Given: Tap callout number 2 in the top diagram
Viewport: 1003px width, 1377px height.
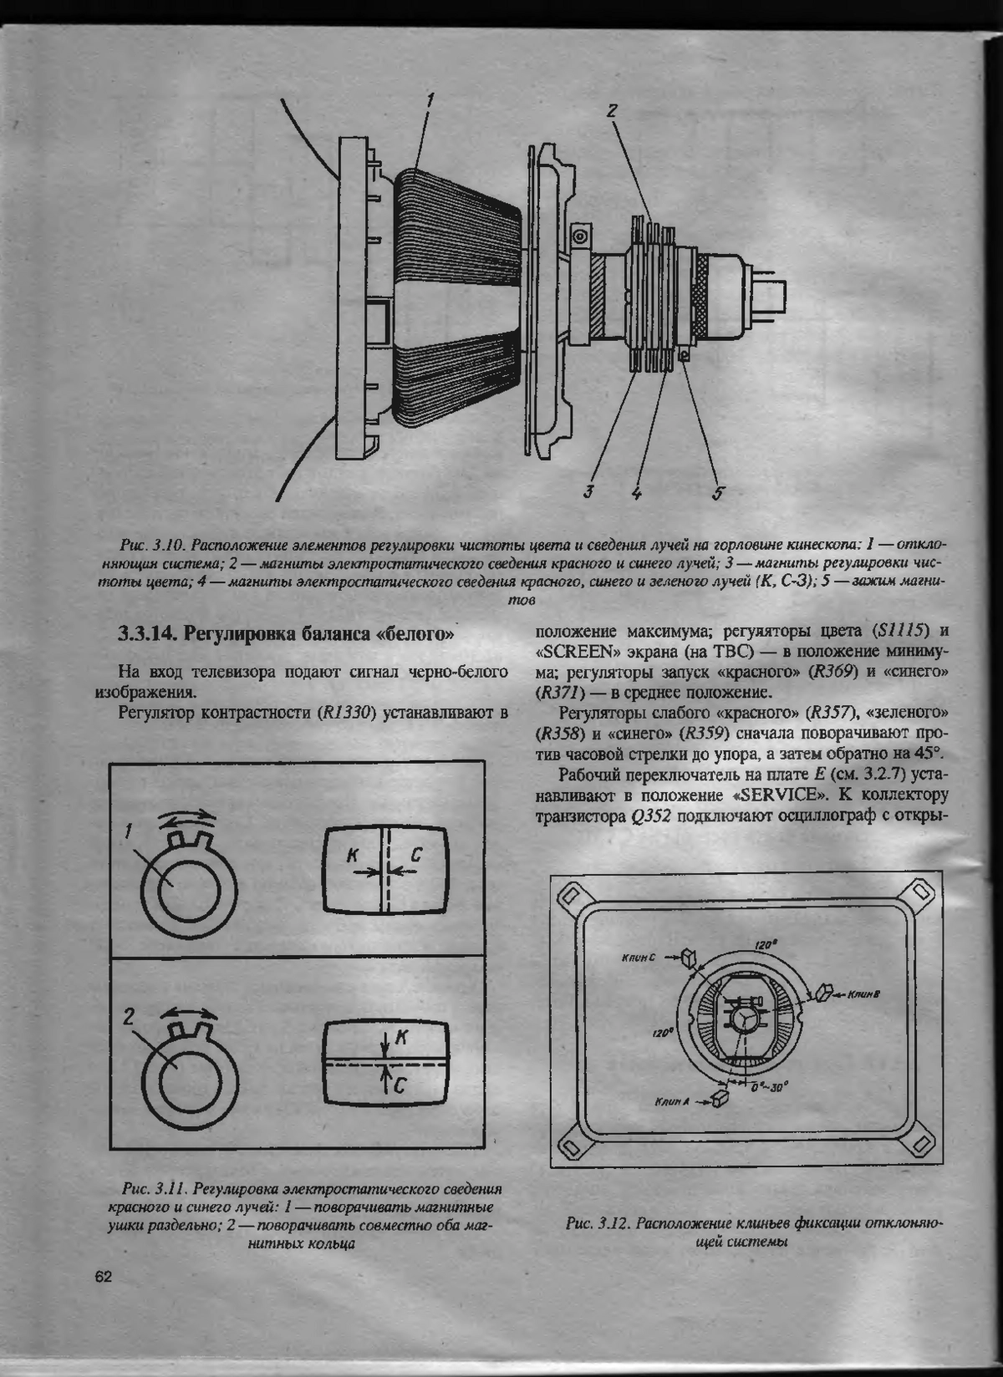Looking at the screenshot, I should [612, 110].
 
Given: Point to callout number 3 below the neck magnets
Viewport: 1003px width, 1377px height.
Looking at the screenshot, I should [588, 490].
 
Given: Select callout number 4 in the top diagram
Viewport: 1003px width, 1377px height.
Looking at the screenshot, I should [636, 492].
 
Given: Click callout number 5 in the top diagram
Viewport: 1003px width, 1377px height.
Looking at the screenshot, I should [717, 493].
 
